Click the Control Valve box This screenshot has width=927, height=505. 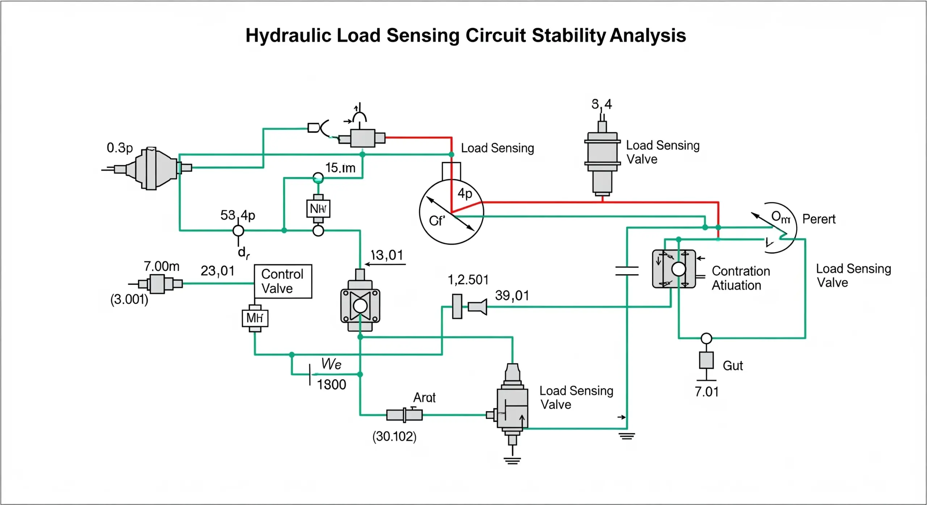[x=283, y=281]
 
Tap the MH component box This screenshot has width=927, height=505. [x=255, y=318]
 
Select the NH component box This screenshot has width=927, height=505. [x=318, y=209]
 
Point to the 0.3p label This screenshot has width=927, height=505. [x=120, y=148]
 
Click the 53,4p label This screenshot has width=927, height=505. [x=238, y=215]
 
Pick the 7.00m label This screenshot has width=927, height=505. [x=162, y=266]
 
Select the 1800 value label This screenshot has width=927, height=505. [x=331, y=385]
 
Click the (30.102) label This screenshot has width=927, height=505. [x=394, y=437]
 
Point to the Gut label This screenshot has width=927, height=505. [x=733, y=366]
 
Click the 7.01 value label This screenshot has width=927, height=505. [x=706, y=392]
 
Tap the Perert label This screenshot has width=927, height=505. [x=819, y=219]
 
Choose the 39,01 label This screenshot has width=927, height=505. [x=512, y=296]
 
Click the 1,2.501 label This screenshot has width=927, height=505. [x=468, y=280]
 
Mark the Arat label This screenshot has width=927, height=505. [x=424, y=398]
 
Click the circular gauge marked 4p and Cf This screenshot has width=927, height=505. [x=451, y=212]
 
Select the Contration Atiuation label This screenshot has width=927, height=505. [x=741, y=278]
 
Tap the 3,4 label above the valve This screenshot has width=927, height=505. [x=601, y=104]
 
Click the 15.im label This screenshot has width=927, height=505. [x=340, y=168]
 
